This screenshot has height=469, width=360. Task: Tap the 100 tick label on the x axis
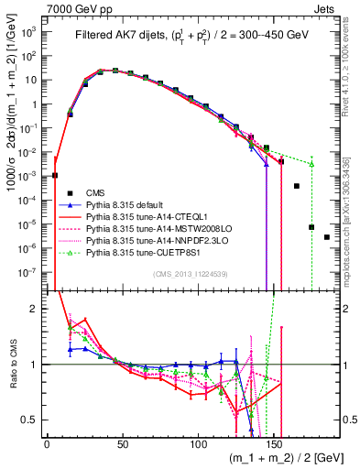(198, 442)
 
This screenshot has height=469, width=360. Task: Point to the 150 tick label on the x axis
(274, 442)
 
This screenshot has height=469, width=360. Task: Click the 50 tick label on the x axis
(122, 442)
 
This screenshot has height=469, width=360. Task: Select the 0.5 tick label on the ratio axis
(29, 420)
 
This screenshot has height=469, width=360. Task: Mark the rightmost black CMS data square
(327, 237)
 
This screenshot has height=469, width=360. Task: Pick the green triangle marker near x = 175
(311, 165)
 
